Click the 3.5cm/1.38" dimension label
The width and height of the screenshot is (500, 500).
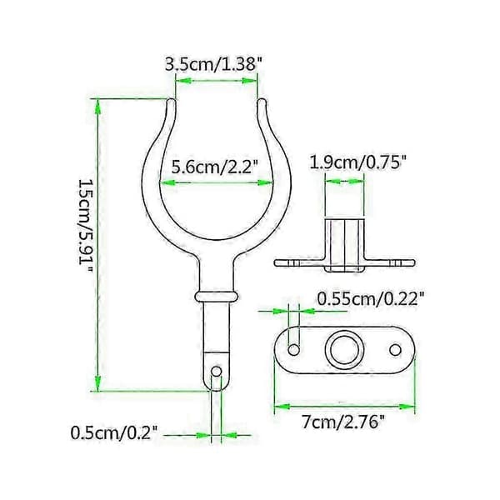click(x=211, y=64)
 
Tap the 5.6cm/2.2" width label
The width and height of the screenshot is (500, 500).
click(x=214, y=167)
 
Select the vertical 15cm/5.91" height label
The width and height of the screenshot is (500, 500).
click(x=87, y=227)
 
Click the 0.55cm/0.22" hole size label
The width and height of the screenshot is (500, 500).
click(x=371, y=299)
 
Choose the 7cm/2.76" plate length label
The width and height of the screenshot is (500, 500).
click(x=343, y=422)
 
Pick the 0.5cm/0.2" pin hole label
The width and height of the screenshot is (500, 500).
click(x=114, y=433)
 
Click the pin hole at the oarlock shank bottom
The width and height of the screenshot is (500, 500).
click(x=217, y=371)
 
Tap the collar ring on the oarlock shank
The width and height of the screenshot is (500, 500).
click(x=217, y=296)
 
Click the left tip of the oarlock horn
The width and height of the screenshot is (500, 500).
click(x=171, y=101)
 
